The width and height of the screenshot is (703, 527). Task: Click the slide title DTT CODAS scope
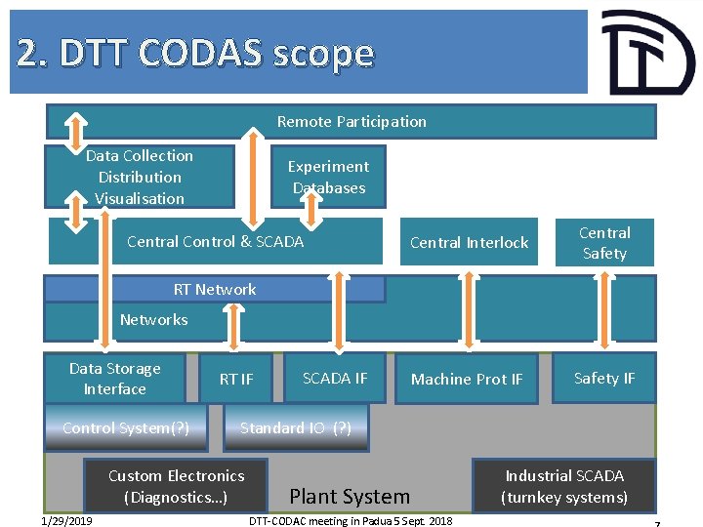[195, 53]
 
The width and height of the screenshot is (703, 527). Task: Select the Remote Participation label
[351, 122]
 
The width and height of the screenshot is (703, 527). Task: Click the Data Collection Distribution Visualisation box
[140, 177]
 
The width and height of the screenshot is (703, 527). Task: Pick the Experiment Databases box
[328, 177]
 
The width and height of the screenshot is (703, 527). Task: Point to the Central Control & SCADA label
[215, 241]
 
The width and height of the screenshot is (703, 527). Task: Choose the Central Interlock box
[469, 242]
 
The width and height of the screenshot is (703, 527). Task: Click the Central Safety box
[604, 242]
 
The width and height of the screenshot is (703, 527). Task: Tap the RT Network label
[215, 289]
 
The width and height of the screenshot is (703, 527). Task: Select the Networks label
[153, 319]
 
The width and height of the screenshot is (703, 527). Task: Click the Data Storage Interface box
[114, 379]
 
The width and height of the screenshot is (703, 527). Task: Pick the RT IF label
[235, 379]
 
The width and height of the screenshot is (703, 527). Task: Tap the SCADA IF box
[334, 378]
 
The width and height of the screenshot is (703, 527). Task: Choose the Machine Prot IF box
[467, 379]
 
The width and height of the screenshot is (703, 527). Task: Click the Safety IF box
[603, 378]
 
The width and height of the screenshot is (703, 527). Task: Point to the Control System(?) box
[126, 427]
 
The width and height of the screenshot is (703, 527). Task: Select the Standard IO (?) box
[296, 427]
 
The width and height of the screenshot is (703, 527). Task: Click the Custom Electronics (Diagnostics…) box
[176, 486]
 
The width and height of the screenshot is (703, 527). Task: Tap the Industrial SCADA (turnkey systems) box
[563, 486]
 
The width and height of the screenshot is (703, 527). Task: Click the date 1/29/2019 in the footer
[67, 520]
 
